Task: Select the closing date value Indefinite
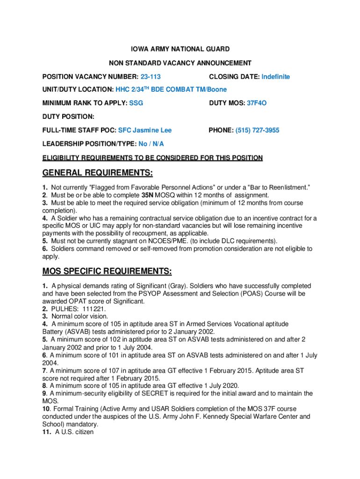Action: pos(275,77)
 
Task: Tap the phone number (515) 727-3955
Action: pos(257,131)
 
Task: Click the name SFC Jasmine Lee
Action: pos(144,131)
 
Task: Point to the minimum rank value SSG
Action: pos(136,103)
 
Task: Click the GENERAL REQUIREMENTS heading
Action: pos(98,174)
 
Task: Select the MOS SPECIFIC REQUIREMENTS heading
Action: pos(107,271)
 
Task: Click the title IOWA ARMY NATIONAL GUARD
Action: pos(180,49)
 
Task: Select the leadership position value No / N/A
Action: pos(151,144)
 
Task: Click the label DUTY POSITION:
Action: pos(68,116)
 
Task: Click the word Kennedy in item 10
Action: pos(185,416)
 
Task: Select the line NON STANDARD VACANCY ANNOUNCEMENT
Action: pos(180,63)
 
